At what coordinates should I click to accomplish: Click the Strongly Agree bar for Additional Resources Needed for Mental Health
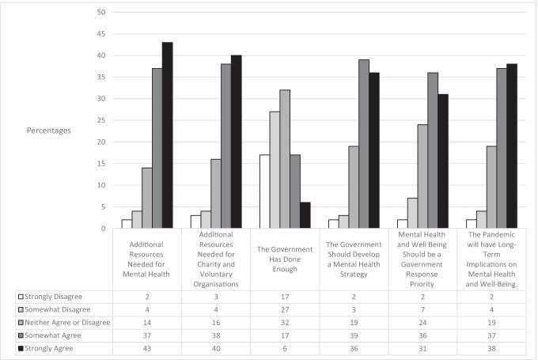click(x=167, y=135)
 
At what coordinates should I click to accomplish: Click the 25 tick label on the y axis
click(x=100, y=120)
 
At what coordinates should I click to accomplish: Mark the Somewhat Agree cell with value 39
click(x=354, y=335)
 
